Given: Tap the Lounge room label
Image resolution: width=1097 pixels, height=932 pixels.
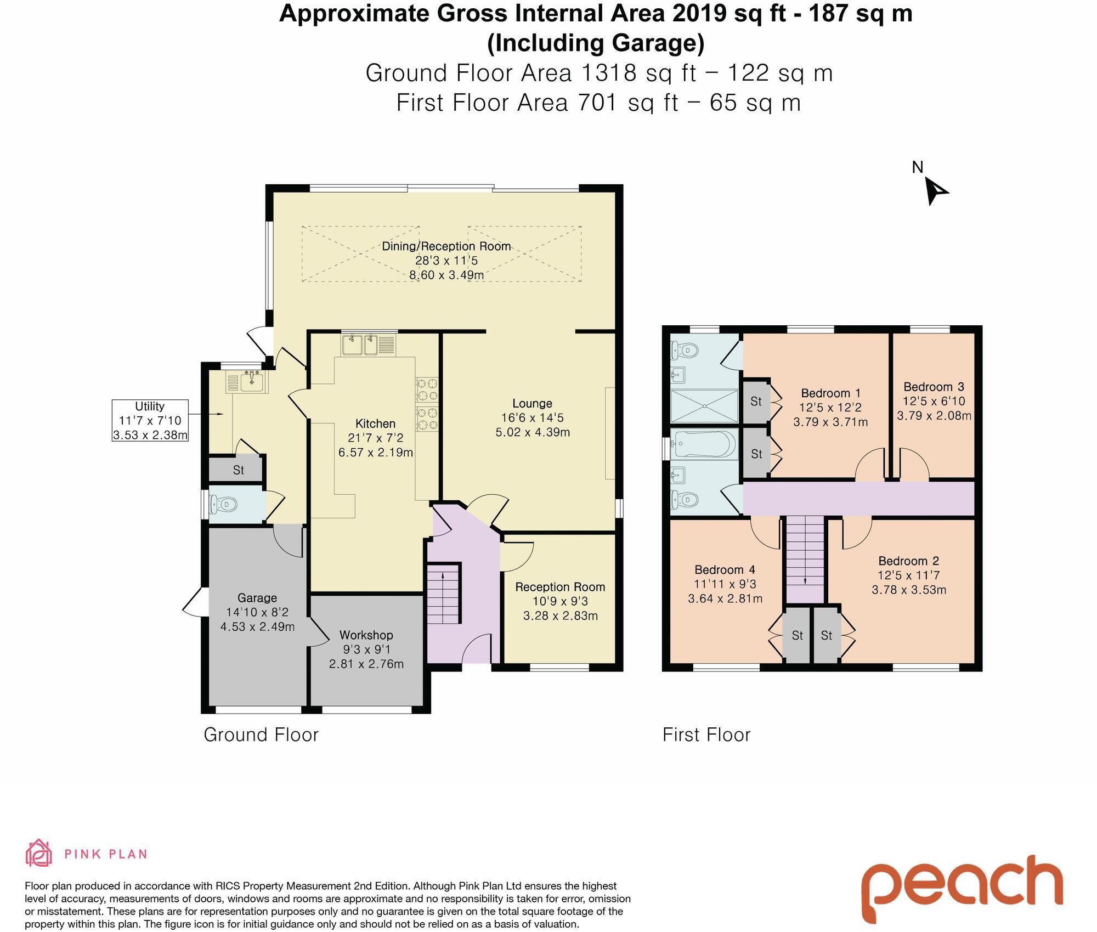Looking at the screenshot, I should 532,404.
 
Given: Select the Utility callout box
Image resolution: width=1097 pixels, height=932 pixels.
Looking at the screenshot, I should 150,421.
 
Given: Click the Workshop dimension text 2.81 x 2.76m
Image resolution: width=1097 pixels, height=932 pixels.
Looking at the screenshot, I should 366,664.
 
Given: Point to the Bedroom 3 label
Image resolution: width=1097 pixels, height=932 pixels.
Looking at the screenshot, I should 934,387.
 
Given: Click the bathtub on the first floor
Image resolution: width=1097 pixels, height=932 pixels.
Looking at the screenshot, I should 704,444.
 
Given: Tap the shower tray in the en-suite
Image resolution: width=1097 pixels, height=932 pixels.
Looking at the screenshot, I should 704,406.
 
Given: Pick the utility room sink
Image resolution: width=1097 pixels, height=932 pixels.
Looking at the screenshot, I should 252,381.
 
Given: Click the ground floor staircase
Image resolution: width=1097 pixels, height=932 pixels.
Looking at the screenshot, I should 443,594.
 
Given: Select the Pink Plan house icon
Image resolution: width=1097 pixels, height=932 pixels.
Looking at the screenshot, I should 38,853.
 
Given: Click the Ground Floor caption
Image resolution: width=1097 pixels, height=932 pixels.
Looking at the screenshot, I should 261,735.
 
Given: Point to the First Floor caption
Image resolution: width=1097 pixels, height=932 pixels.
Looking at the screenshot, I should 706,735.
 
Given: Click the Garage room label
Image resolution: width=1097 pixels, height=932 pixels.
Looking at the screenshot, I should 257,598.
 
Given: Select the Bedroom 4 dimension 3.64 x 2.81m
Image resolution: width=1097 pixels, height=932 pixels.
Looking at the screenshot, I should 725,598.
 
